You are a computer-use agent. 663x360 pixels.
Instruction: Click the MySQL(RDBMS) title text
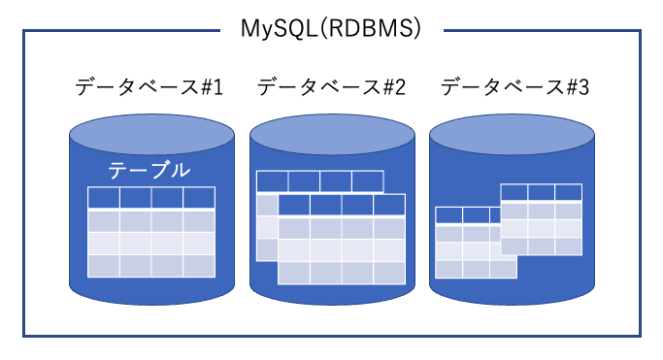(331, 29)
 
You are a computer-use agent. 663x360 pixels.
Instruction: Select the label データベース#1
(149, 87)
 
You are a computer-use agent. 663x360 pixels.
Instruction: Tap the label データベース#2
(331, 87)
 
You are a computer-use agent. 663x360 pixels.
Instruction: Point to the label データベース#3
(514, 87)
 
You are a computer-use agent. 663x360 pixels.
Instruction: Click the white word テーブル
(149, 171)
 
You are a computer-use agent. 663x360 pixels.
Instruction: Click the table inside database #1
(151, 232)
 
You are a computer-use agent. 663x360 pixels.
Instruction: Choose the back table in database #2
(320, 182)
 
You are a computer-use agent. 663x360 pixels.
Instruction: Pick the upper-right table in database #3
(542, 219)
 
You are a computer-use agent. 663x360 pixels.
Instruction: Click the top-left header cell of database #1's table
(104, 198)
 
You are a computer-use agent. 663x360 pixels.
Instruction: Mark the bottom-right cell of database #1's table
(199, 265)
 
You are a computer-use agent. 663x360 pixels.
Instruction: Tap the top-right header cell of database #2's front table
(389, 205)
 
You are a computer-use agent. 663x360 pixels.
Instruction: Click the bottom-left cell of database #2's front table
(294, 273)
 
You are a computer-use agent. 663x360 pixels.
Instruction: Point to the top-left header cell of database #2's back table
(273, 181)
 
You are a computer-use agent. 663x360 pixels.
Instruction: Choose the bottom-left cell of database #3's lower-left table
(448, 269)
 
